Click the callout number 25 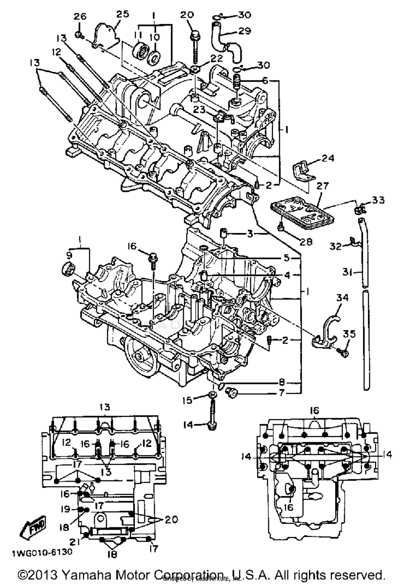click(123, 14)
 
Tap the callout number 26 click(80, 17)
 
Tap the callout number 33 click(378, 200)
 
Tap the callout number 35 click(349, 334)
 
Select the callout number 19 click(65, 509)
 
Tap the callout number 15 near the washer click(187, 400)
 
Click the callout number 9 click(68, 254)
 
